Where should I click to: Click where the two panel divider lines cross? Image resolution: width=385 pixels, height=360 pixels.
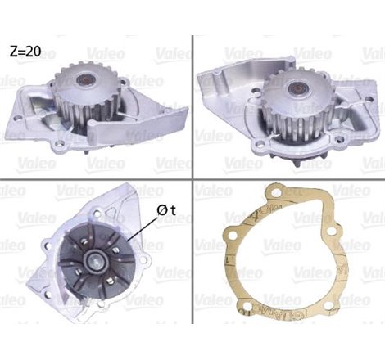pos(193,179)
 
